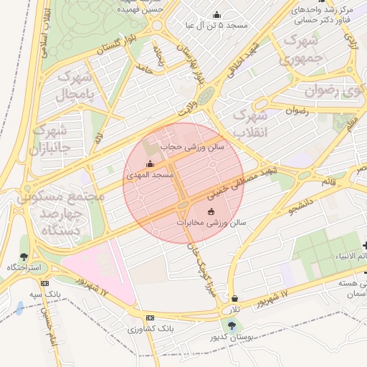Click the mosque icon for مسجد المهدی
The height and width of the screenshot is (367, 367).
coord(150,164)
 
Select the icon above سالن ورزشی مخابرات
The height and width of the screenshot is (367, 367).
coord(211,211)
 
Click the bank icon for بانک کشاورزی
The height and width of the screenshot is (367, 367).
coord(150,318)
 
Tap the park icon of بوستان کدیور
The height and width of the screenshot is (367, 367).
coord(231,325)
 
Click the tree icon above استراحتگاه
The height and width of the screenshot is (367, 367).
coord(24,256)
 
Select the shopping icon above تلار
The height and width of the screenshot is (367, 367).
coord(234,299)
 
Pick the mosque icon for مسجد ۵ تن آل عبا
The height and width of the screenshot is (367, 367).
coord(217,14)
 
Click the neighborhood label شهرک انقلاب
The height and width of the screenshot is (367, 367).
coord(251,123)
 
